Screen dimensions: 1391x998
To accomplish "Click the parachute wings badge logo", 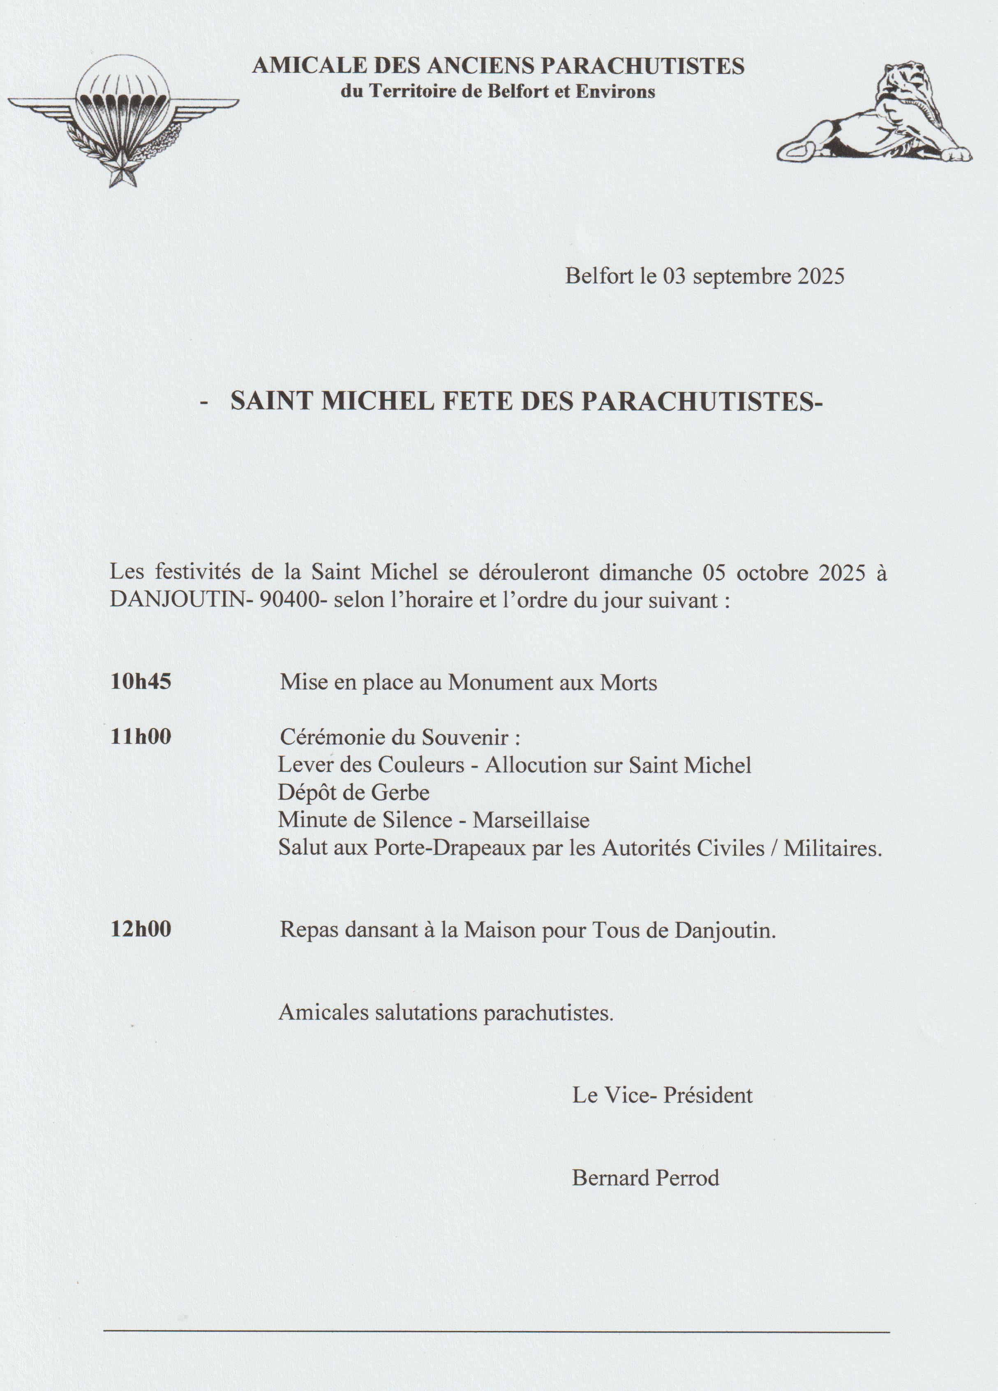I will (122, 117).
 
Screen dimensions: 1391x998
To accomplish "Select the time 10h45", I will (141, 683).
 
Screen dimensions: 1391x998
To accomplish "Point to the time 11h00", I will (141, 736).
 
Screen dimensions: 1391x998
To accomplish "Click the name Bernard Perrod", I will (645, 1178).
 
